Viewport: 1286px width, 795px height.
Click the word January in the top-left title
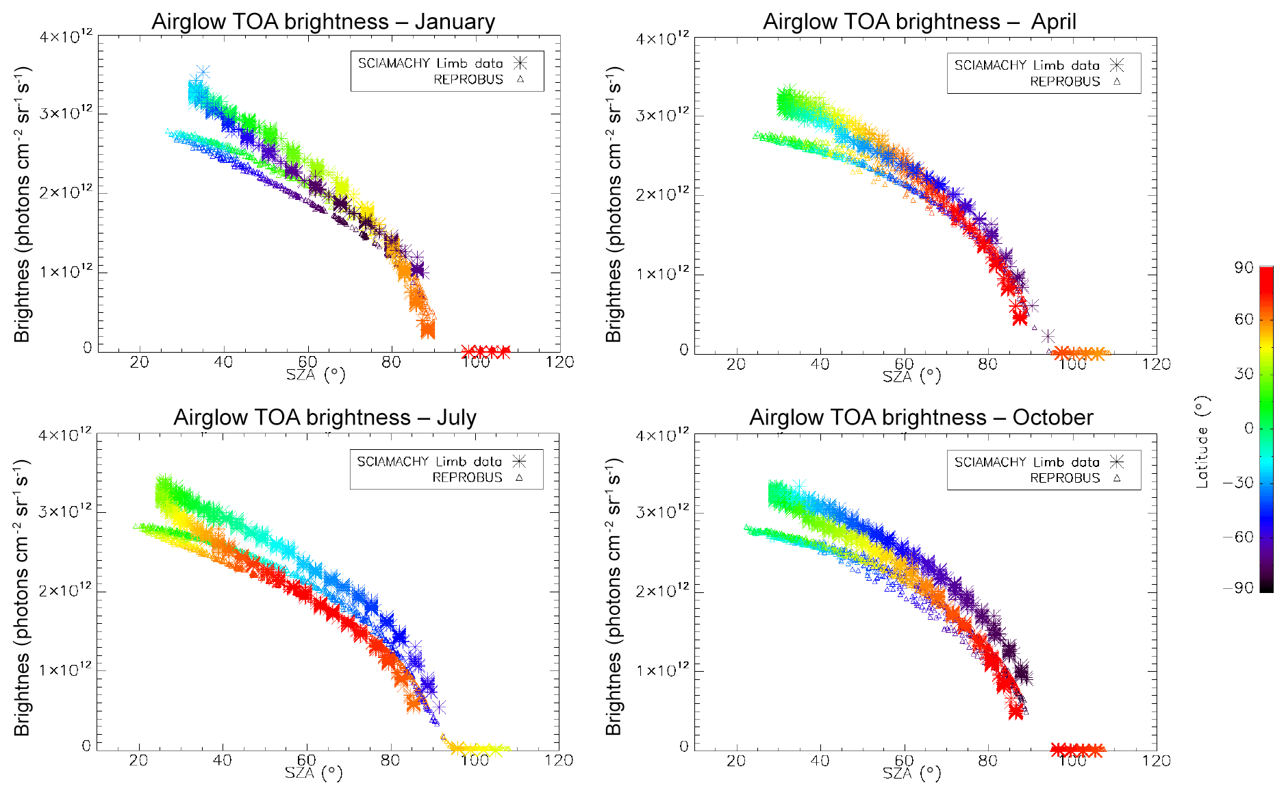pyautogui.click(x=454, y=22)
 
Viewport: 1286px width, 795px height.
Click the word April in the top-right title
pyautogui.click(x=1053, y=22)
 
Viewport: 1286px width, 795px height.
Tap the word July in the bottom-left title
pyautogui.click(x=456, y=418)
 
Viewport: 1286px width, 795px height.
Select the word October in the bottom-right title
pyautogui.click(x=1052, y=418)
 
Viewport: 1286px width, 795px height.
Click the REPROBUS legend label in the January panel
pyautogui.click(x=468, y=79)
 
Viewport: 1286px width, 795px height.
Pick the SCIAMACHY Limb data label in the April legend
pyautogui.click(x=1026, y=65)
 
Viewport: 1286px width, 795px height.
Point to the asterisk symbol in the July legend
pyautogui.click(x=520, y=462)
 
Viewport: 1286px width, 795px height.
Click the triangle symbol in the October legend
pyautogui.click(x=1117, y=478)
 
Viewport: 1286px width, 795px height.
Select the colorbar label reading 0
pyautogui.click(x=1248, y=428)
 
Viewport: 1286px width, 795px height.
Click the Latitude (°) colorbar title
pyautogui.click(x=1202, y=442)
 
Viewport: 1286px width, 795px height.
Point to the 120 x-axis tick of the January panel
pyautogui.click(x=559, y=362)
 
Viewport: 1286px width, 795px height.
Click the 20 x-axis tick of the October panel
pyautogui.click(x=736, y=761)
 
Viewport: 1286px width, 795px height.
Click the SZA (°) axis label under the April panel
pyautogui.click(x=911, y=376)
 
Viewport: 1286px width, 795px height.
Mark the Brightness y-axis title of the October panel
pyautogui.click(x=614, y=596)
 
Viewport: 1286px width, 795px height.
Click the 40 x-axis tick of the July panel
pyautogui.click(x=223, y=760)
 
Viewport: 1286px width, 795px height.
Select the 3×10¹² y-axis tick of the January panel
pyautogui.click(x=66, y=113)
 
